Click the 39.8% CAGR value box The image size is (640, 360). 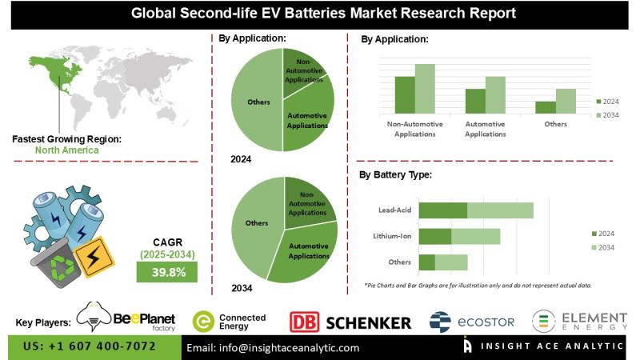coord(168,272)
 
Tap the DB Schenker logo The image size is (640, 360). coord(350,322)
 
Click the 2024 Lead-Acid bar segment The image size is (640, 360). coord(442,210)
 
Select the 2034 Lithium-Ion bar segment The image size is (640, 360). coord(476,236)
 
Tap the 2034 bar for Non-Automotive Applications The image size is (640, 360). coord(425,88)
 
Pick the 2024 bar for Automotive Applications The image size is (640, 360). coord(475,100)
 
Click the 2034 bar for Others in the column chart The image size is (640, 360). coord(566,101)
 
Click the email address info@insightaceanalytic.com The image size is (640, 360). coord(273,348)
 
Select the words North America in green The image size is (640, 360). coord(67,150)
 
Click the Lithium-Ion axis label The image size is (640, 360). coord(392,237)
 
